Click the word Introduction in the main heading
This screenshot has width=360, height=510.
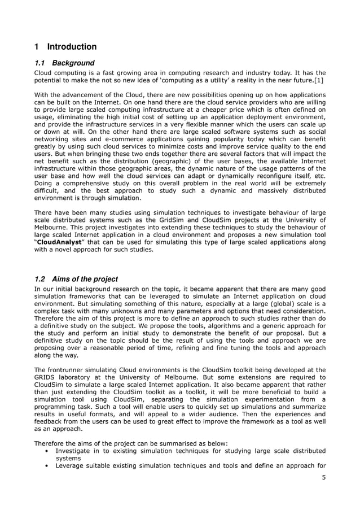(72, 47)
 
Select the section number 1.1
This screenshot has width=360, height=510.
(40, 63)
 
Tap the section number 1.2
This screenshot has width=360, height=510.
(40, 279)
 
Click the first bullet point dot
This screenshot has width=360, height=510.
(45, 451)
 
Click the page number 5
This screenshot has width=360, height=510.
(323, 478)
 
